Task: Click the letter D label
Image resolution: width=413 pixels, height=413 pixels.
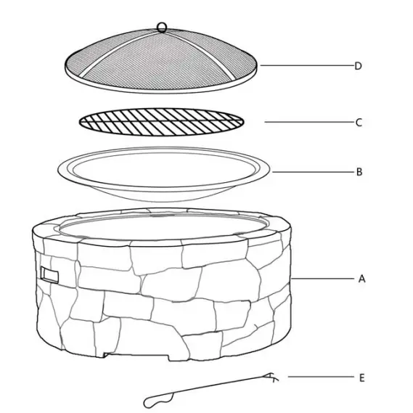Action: coord(358,66)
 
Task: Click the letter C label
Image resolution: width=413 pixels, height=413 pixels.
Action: coord(358,123)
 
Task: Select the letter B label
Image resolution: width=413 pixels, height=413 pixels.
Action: coord(359,173)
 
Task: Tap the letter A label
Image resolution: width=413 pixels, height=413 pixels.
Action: coord(359,278)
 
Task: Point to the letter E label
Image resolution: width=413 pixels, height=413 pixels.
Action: coord(361,377)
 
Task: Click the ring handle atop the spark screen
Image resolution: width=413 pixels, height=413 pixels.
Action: coord(161,28)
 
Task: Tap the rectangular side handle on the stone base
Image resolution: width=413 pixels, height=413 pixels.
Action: coord(50,274)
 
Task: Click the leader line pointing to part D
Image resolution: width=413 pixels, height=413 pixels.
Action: coord(305,66)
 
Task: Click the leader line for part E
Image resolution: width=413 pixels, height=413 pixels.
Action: coord(319,377)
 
